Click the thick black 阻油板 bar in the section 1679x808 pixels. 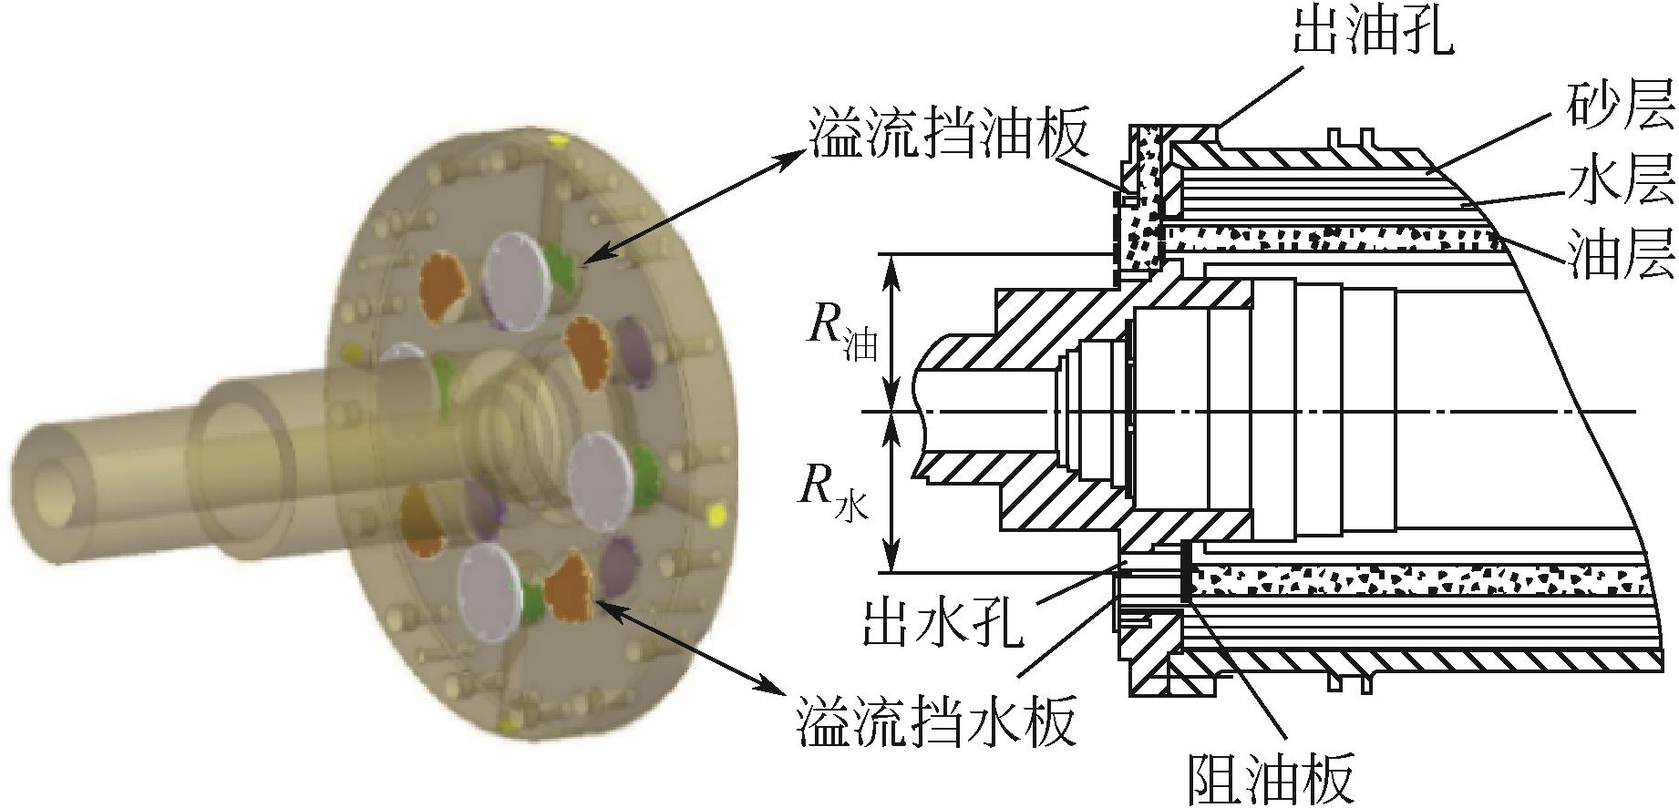1185,571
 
